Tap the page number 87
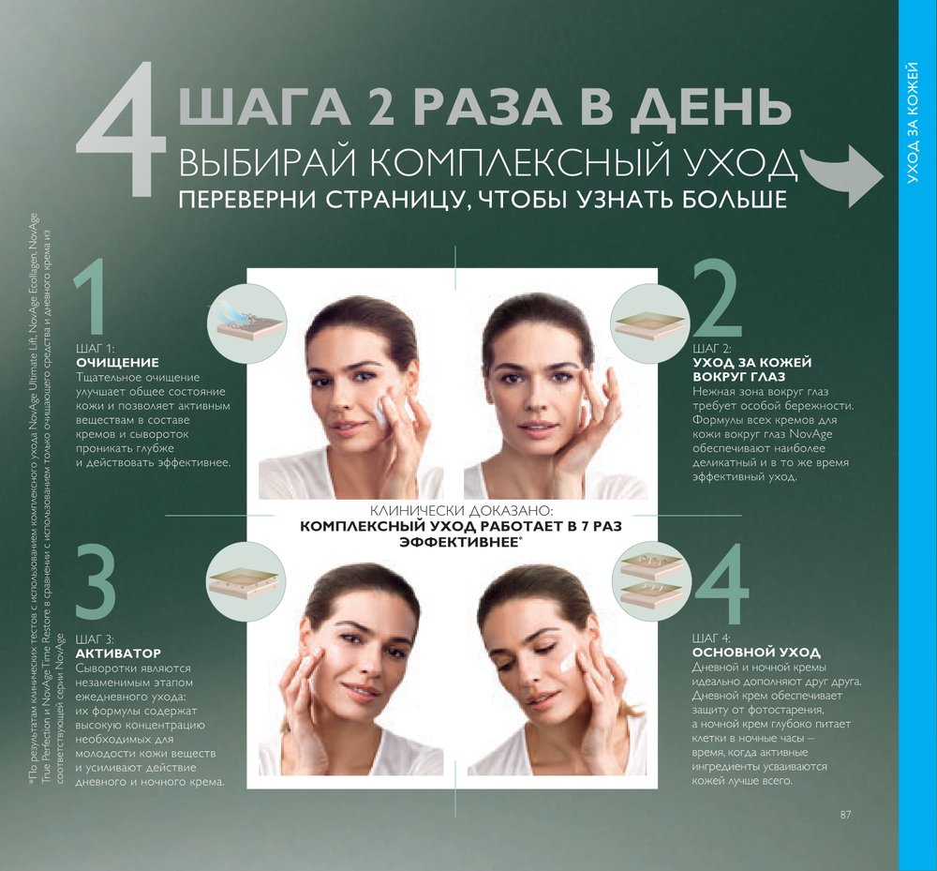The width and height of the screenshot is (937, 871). coord(845,814)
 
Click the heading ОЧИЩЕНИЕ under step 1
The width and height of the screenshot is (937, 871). coord(118,362)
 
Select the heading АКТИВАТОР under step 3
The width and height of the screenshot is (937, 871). coord(118,653)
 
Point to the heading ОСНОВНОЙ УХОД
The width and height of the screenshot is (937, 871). coord(756,653)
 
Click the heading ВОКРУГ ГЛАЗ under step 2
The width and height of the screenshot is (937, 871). coord(738,377)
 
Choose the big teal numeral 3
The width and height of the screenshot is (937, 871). coord(95,584)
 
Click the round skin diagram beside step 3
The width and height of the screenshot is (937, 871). coord(246,581)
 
